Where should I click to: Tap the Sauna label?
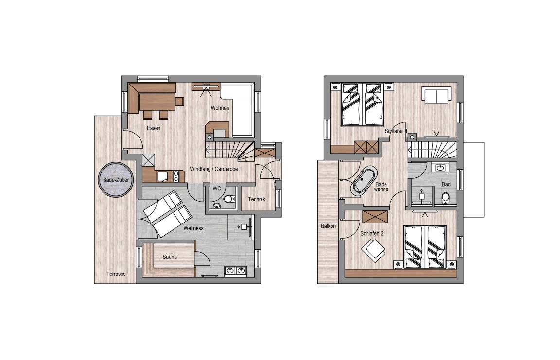[170, 257]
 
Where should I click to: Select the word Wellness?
[193, 228]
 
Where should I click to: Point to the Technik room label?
[257, 200]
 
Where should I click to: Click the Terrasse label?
[116, 274]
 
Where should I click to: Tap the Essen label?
[154, 128]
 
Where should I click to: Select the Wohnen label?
[220, 108]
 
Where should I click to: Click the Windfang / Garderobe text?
[214, 169]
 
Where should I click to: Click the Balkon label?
[328, 226]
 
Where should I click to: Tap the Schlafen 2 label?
[372, 233]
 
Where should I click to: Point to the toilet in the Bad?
[445, 198]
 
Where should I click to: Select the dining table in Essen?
[157, 102]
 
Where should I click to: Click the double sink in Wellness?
[236, 271]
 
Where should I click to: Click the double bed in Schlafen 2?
[425, 246]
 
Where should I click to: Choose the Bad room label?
[446, 185]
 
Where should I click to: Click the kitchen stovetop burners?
[176, 175]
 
